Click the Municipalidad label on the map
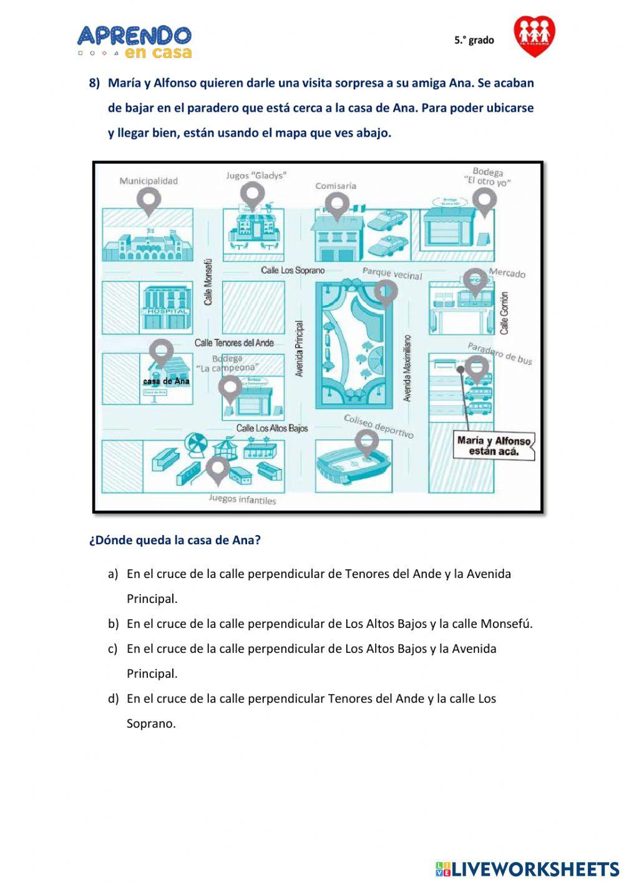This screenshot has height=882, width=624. tap(149, 181)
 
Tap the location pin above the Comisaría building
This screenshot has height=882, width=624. tap(337, 205)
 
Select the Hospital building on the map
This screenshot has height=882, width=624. tap(166, 308)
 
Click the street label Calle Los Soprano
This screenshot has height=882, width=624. tap(293, 270)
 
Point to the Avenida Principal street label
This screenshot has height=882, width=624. tap(300, 348)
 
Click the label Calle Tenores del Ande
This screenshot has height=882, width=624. tap(234, 343)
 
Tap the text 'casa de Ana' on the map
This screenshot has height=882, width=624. tap(166, 381)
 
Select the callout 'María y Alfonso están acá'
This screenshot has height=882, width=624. tap(494, 446)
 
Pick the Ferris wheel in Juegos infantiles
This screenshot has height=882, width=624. tap(195, 444)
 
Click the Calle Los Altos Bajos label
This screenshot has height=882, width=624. tap(272, 428)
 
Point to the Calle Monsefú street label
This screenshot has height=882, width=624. tap(209, 282)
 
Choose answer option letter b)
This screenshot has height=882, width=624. tap(113, 624)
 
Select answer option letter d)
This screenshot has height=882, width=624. tap(113, 698)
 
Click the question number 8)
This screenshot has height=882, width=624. tap(94, 83)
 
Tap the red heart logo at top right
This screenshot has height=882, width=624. tap(534, 36)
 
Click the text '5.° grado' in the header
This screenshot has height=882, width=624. tap(474, 40)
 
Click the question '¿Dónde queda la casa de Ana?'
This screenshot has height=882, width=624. tap(175, 541)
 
